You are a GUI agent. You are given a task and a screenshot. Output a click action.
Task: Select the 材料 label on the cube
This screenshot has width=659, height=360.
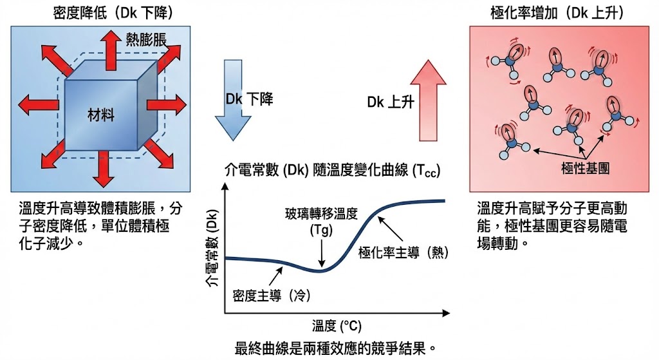click(101, 116)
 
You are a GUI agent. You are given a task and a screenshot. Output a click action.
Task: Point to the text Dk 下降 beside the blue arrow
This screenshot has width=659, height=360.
click(249, 99)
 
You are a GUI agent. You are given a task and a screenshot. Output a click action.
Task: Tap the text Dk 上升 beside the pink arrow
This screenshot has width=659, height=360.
click(391, 102)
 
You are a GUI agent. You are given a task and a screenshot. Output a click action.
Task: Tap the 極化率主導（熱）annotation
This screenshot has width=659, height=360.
click(402, 252)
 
